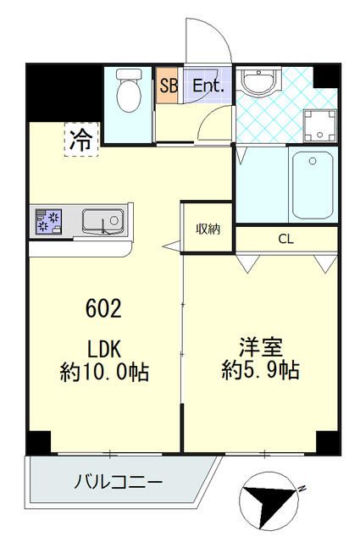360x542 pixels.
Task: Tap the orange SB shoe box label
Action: [x=168, y=86]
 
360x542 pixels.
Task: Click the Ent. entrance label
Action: [x=208, y=86]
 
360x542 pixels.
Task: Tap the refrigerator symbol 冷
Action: [x=80, y=140]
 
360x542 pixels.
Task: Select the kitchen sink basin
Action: [x=103, y=221]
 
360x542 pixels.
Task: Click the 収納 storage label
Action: [x=208, y=228]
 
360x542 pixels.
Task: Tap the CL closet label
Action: [x=286, y=239]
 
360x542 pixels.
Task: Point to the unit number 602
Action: [x=102, y=308]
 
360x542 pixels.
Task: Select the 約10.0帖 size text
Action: [x=104, y=371]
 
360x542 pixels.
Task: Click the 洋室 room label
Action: [x=260, y=347]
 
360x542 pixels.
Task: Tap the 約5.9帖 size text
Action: [x=260, y=370]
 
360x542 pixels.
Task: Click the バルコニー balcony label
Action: [x=118, y=483]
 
